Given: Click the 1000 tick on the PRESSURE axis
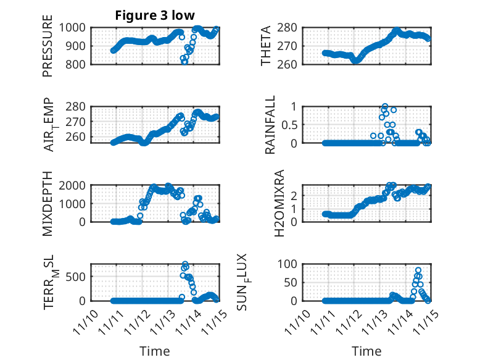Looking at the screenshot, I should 75,28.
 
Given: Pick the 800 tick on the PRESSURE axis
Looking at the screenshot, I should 78,64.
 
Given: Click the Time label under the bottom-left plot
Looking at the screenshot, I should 154,351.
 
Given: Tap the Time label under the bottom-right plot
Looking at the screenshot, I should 366,351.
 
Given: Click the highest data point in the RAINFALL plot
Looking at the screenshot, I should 385,107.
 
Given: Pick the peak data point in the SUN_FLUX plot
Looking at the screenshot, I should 418,270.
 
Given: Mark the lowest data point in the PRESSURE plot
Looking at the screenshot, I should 184,62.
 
